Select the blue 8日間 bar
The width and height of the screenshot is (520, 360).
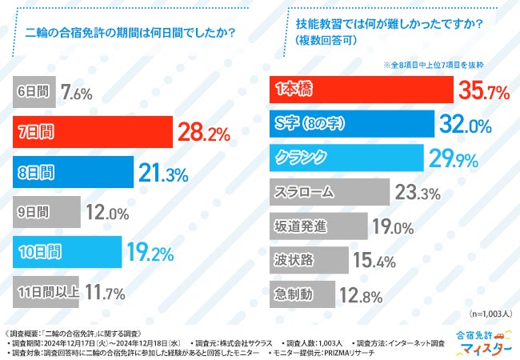coord(75,172)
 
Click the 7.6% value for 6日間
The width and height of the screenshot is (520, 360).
coord(77,94)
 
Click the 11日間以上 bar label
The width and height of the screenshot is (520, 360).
coord(48,291)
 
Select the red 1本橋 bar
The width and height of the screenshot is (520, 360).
coord(361,91)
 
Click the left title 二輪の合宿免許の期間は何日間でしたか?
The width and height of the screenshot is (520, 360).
coord(130,33)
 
